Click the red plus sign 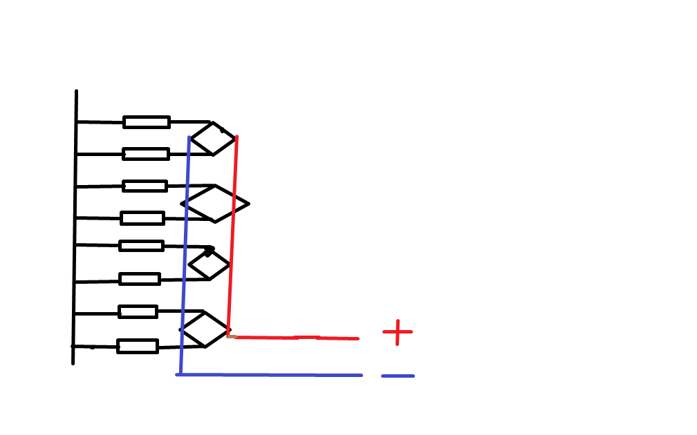coord(397,332)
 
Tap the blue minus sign coord(398,376)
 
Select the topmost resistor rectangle coord(147,122)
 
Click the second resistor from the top coord(146,154)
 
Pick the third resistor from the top coord(145,186)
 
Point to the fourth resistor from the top coord(142,218)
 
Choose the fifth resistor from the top coord(141,246)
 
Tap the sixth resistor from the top coord(140,279)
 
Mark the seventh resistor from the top coord(138,311)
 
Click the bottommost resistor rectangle coord(138,346)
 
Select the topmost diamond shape coord(213,139)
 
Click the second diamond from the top coord(214,204)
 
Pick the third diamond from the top coord(209,264)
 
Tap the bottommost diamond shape coord(205,329)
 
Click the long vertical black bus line coord(75,228)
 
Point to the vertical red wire coord(233,235)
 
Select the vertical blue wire coord(185,255)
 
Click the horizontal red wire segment coord(294,338)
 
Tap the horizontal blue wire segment coord(270,375)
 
